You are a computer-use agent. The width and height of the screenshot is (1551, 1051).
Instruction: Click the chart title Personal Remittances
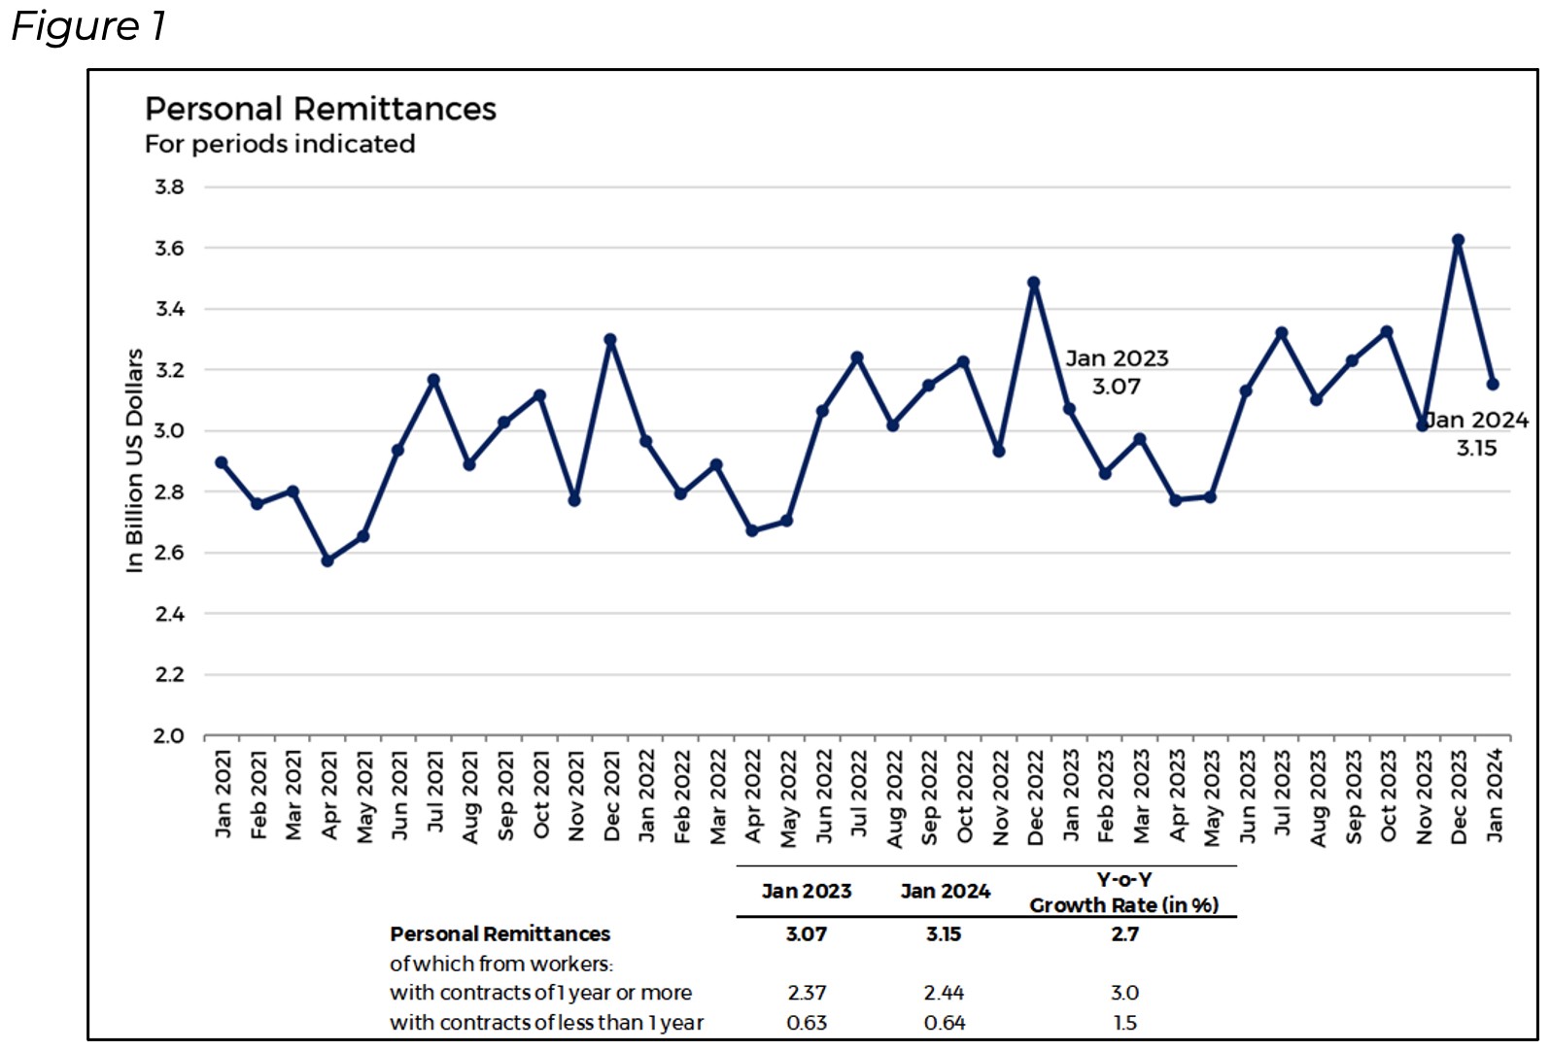(320, 109)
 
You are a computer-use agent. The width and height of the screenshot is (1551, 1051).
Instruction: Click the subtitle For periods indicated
(280, 144)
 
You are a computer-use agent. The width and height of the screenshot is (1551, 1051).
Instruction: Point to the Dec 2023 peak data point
(1458, 240)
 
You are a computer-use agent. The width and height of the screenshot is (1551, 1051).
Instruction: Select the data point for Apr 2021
(327, 560)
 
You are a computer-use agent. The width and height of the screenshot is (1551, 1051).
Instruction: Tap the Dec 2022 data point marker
(1033, 283)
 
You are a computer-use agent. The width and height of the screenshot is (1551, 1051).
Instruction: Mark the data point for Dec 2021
(610, 340)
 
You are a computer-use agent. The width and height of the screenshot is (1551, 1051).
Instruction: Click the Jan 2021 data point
(222, 462)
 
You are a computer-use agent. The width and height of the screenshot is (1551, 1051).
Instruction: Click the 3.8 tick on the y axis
(169, 186)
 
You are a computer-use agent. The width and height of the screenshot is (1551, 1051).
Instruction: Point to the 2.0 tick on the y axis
(168, 736)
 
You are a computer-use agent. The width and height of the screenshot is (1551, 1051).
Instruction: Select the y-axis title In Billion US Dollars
(134, 460)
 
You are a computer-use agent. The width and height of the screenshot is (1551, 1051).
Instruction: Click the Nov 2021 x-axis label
(576, 795)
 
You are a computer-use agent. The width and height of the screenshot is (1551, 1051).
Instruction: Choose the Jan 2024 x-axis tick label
(1495, 795)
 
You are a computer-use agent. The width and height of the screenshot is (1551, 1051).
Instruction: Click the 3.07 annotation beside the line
(1116, 387)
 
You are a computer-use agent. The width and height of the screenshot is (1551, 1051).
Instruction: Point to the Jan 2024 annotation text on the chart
(1477, 420)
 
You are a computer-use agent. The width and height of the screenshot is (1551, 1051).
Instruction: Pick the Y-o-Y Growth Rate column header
(1124, 893)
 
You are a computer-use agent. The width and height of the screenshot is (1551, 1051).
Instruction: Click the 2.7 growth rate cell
(1124, 934)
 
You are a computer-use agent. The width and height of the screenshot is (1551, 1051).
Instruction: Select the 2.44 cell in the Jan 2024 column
(944, 993)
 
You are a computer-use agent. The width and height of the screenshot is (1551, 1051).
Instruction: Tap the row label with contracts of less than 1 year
(546, 1023)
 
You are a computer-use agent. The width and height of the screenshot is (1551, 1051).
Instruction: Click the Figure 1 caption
(88, 26)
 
